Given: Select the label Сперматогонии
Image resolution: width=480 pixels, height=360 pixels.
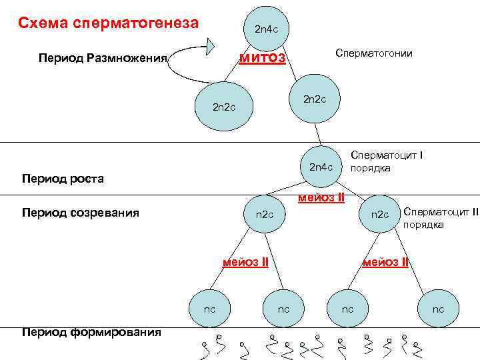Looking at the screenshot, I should [x=374, y=53].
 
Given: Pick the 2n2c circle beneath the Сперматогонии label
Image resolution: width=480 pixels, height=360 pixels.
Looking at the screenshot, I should [x=315, y=100].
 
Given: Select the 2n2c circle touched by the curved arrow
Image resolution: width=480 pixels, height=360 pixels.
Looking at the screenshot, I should [x=223, y=107].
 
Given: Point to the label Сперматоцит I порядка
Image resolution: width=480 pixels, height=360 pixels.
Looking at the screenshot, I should [x=387, y=161].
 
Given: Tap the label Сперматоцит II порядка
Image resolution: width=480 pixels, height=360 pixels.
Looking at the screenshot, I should [x=441, y=218].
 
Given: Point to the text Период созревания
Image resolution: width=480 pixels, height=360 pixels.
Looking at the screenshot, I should [x=80, y=213].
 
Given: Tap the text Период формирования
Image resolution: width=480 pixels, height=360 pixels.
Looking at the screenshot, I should [x=91, y=332].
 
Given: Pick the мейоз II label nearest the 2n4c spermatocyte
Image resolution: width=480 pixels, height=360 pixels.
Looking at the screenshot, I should [x=321, y=197].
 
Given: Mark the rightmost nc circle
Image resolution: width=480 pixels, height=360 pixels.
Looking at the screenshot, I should [x=438, y=309].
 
